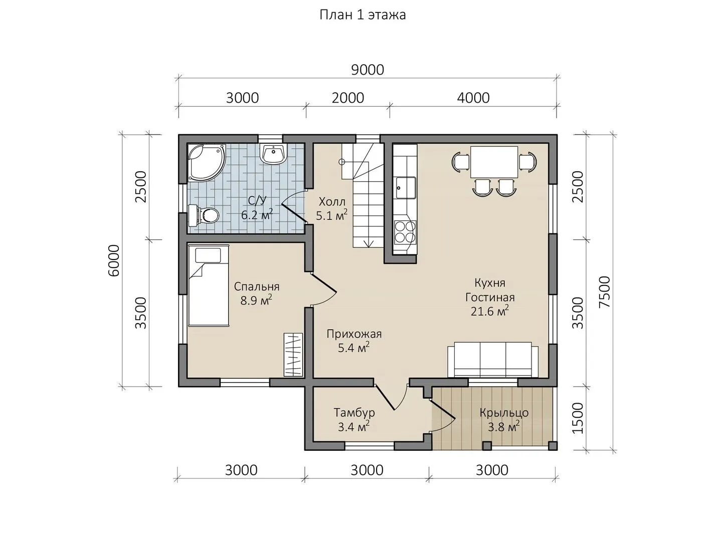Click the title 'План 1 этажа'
click(362, 15)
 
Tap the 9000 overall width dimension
click(368, 70)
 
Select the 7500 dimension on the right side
click(605, 292)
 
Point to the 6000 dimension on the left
click(114, 260)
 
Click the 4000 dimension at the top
click(473, 98)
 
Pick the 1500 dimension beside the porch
click(578, 418)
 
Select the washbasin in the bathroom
click(273, 154)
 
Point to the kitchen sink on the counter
click(406, 187)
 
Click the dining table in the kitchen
click(494, 162)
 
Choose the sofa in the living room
click(493, 360)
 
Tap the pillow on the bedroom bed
click(208, 255)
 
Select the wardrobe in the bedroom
click(293, 355)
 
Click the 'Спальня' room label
click(257, 287)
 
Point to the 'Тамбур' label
click(354, 412)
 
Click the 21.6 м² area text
click(490, 311)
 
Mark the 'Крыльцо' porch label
click(504, 413)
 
